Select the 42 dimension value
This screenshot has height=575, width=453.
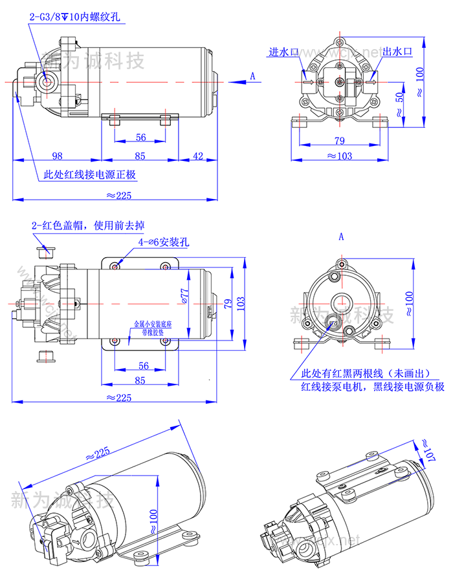[x=198, y=156]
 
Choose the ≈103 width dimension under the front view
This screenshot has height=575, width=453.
[x=338, y=156]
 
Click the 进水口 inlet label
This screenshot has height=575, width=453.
[x=282, y=52]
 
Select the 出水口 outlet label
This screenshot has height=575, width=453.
[x=397, y=52]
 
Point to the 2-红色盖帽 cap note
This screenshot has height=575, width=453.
[x=88, y=225]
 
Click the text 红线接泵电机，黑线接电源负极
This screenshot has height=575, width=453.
[x=373, y=387]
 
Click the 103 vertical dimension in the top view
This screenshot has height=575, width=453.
[x=241, y=302]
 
